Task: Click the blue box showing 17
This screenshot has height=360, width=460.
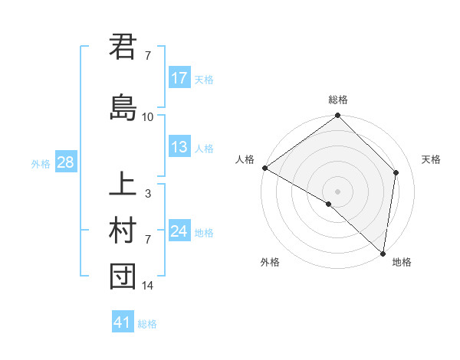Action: (179, 78)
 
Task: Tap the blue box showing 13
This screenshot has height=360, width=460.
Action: (179, 147)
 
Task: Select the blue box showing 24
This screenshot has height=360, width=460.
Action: (179, 231)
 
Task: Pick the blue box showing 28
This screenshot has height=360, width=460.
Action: (65, 162)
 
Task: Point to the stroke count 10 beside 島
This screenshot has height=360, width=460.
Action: (148, 117)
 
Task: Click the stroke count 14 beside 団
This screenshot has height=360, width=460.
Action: (148, 286)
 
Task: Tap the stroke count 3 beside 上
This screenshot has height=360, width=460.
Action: (148, 194)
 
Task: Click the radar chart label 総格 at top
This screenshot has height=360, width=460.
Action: (338, 100)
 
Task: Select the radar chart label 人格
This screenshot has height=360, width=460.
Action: (245, 159)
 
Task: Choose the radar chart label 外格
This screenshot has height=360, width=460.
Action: (270, 262)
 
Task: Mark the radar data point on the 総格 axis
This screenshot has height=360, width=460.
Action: (338, 116)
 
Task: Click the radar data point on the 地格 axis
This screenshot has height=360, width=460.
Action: (383, 253)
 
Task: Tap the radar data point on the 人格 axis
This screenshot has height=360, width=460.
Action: (264, 168)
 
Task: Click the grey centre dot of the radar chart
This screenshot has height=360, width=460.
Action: (338, 191)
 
